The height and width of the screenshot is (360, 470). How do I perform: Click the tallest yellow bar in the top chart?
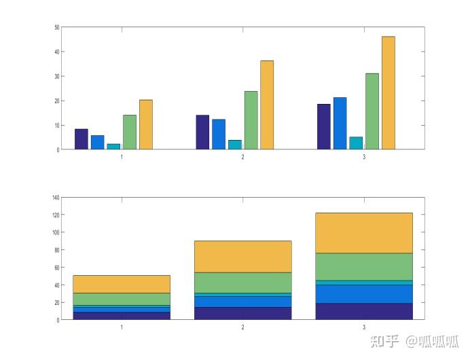click(388, 92)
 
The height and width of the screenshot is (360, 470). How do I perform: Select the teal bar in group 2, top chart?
click(235, 145)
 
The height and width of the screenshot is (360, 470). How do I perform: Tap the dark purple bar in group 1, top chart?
click(82, 139)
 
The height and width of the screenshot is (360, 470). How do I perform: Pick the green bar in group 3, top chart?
click(372, 111)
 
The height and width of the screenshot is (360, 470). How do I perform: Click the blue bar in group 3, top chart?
click(340, 124)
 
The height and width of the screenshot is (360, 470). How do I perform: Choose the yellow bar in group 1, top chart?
click(146, 125)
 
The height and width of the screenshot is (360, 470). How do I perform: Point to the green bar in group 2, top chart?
click(251, 120)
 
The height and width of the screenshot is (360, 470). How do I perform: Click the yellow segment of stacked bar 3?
click(364, 233)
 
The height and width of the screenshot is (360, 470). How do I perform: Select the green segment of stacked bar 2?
click(242, 283)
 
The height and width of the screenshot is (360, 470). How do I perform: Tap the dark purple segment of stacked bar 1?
click(122, 316)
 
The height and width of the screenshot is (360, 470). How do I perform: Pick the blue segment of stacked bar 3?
click(364, 293)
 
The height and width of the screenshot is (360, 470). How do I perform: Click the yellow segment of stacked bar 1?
click(122, 284)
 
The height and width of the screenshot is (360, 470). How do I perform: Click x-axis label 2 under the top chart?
click(242, 157)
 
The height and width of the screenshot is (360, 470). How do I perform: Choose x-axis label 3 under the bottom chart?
click(364, 327)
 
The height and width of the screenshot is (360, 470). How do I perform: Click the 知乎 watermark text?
click(384, 342)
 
